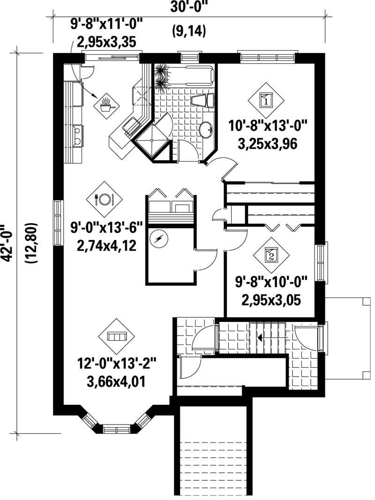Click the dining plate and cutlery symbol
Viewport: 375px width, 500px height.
pyautogui.click(x=104, y=199)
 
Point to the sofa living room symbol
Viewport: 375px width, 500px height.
pyautogui.click(x=115, y=336)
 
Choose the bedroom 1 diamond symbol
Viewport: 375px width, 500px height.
pyautogui.click(x=266, y=100)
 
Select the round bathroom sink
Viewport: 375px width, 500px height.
pyautogui.click(x=205, y=128)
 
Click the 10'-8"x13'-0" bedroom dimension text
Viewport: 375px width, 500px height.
pyautogui.click(x=268, y=127)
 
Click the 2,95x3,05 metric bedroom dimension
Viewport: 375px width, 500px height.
pyautogui.click(x=270, y=299)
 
